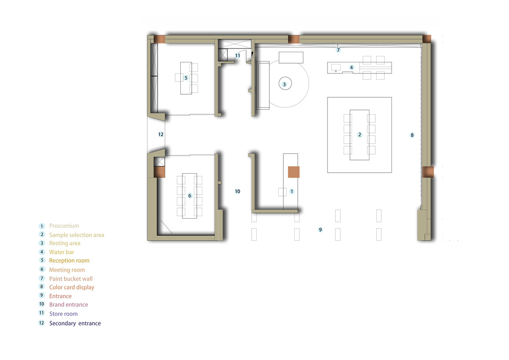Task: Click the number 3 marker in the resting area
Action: click(284, 84)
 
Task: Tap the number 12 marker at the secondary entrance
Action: click(161, 135)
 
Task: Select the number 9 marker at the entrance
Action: click(320, 230)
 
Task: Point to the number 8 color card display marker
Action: click(412, 135)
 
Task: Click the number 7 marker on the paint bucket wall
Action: click(338, 50)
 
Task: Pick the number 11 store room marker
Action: click(238, 56)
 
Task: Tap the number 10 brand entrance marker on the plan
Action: click(238, 191)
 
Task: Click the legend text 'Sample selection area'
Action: click(77, 235)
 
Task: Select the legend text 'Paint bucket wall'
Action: click(71, 279)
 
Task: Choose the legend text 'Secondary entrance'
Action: click(75, 323)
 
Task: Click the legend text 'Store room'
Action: click(63, 314)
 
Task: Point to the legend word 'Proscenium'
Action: click(64, 226)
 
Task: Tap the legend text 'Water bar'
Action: click(62, 252)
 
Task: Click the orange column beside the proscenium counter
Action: click(294, 172)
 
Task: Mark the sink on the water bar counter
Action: click(336, 68)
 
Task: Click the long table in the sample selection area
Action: click(360, 135)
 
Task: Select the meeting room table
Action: click(190, 196)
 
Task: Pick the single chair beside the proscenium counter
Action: click(282, 192)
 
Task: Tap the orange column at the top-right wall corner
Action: click(427, 39)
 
